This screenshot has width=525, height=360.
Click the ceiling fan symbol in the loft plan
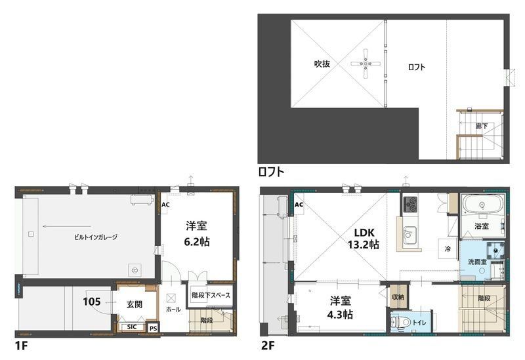tap(366, 64)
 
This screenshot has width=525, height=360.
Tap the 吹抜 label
tap(321, 64)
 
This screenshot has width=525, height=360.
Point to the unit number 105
tap(92, 302)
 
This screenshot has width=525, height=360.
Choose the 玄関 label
tap(135, 304)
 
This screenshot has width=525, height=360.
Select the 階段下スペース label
tap(210, 295)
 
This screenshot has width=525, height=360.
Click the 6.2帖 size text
tap(197, 241)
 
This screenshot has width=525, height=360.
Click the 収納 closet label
tap(398, 297)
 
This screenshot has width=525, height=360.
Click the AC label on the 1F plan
tap(165, 204)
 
